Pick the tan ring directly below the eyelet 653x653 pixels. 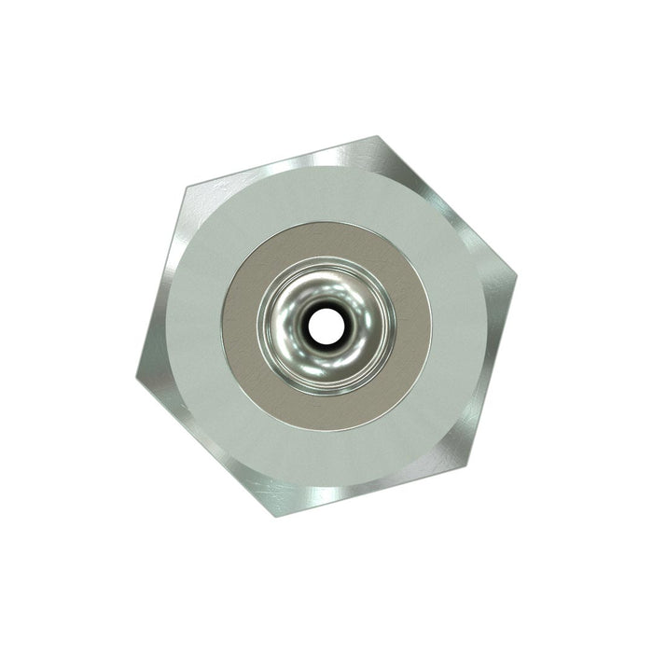pos(326,411)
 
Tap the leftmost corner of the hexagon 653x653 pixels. pos(137,378)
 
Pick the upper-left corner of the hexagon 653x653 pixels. pos(183,187)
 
